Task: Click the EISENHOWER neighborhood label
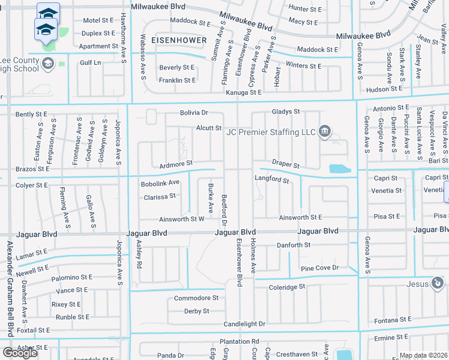pyautogui.click(x=178, y=40)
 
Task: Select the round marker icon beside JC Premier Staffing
pyautogui.click(x=325, y=131)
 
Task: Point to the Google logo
pyautogui.click(x=20, y=353)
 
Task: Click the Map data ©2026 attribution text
pyautogui.click(x=423, y=355)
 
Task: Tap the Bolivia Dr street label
pyautogui.click(x=193, y=113)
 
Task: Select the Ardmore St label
pyautogui.click(x=175, y=163)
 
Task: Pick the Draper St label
pyautogui.click(x=285, y=163)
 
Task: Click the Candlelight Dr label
pyautogui.click(x=244, y=324)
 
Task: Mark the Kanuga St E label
pyautogui.click(x=244, y=92)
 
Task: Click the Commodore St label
pyautogui.click(x=196, y=298)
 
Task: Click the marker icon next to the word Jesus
pyautogui.click(x=438, y=283)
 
